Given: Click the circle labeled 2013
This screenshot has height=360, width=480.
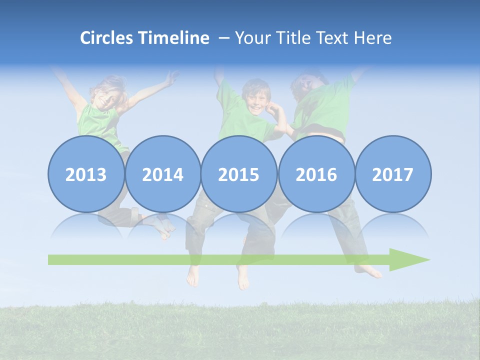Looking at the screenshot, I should coord(86,174).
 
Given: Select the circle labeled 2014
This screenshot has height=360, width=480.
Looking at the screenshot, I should coord(163,174).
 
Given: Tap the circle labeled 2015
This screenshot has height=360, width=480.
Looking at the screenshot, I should coord(239,174).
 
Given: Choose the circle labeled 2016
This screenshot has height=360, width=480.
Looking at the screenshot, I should coord(316,174).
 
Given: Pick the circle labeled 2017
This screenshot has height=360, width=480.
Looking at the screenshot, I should coord(393,174).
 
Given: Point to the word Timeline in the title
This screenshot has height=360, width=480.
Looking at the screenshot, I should coord(174,38).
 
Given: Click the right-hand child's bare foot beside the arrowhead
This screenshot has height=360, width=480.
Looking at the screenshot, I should coord(370,271).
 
